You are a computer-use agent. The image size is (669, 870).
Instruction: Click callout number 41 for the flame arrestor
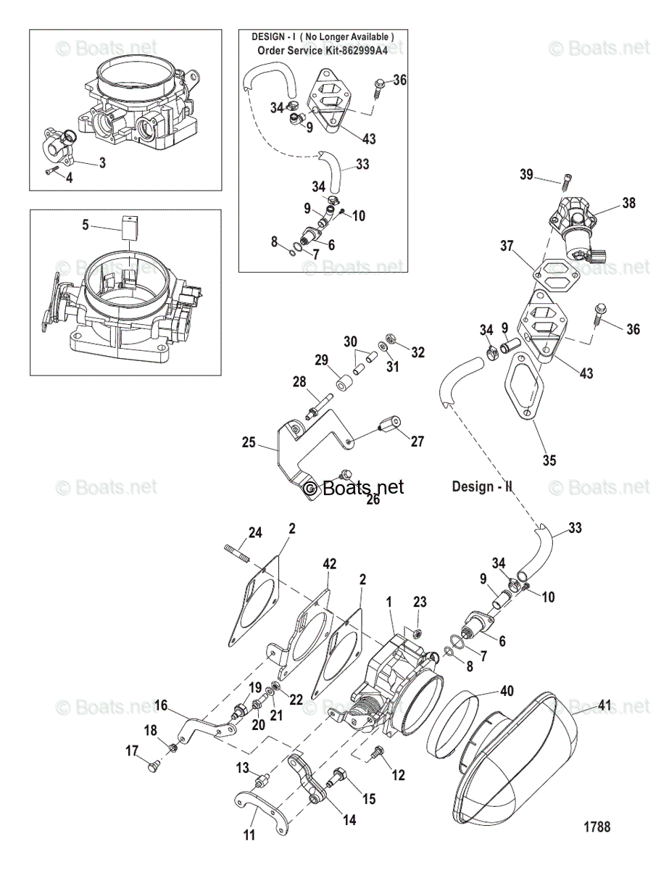pos(606,704)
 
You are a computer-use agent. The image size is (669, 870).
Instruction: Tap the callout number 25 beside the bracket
pos(249,442)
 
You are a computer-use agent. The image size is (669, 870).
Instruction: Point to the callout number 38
pos(628,203)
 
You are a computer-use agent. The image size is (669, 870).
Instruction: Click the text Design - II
pos(483,486)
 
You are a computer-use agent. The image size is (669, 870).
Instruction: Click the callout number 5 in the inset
pos(86,225)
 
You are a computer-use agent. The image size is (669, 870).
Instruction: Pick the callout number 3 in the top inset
pos(102,163)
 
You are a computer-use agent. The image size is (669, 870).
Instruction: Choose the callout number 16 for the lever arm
pos(161,704)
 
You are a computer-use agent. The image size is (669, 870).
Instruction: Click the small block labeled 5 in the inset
pos(130,225)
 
